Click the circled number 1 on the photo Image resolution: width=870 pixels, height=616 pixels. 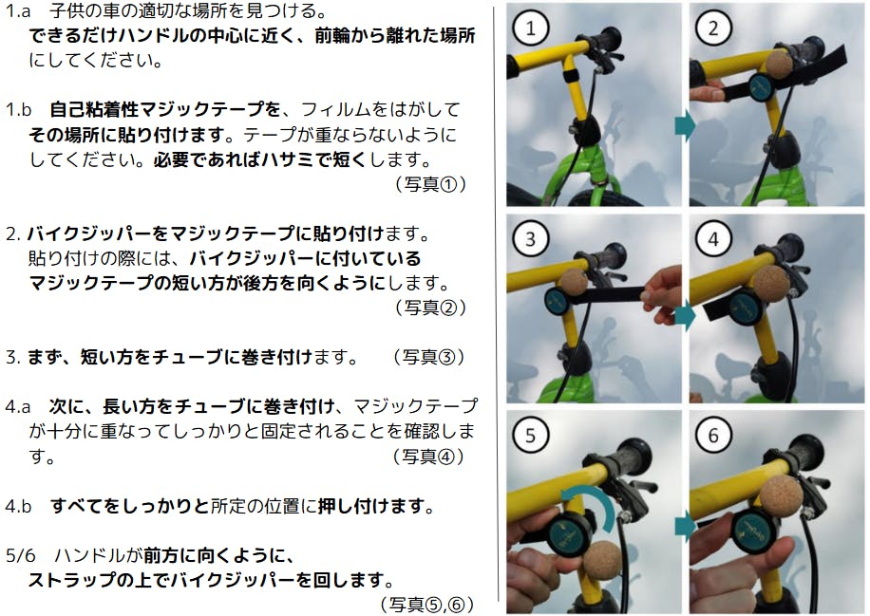(530, 28)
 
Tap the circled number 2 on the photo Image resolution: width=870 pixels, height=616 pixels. (713, 28)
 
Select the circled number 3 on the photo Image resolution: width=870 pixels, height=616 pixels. (530, 239)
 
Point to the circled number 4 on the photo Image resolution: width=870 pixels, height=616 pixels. (713, 239)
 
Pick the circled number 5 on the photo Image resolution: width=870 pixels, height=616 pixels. (530, 436)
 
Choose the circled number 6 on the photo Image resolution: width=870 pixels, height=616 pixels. (713, 436)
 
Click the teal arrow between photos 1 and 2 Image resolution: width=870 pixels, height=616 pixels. (685, 125)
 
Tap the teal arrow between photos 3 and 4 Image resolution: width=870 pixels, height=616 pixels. (685, 316)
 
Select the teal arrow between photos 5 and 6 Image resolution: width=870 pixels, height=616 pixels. (685, 525)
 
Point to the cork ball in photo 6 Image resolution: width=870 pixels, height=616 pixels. (781, 496)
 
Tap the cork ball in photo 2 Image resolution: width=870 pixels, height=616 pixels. (779, 65)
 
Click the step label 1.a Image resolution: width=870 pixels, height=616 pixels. (18, 10)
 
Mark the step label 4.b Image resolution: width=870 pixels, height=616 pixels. (18, 506)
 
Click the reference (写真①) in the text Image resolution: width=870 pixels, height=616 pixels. (430, 183)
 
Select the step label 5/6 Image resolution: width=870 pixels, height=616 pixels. (20, 555)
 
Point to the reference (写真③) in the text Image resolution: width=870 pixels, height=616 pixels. (428, 357)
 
